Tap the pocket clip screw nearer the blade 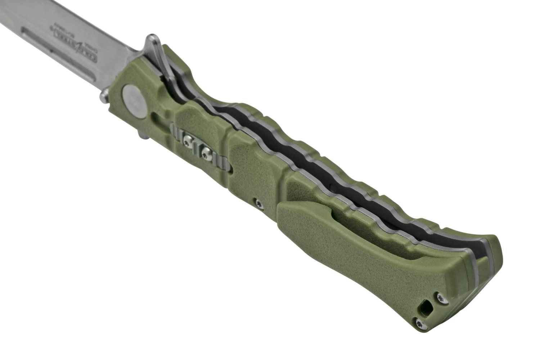tap(188, 138)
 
